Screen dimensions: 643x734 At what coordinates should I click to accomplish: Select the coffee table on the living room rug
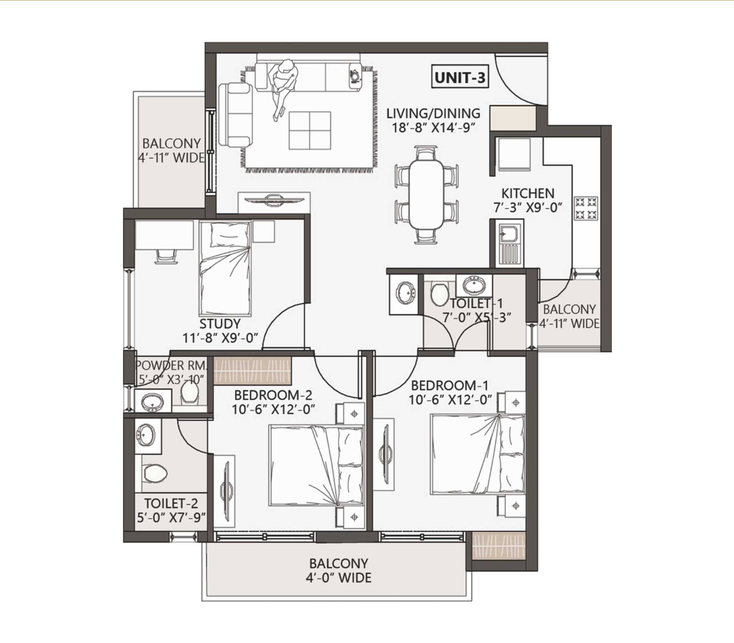click(x=310, y=130)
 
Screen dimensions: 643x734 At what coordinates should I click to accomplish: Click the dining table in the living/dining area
click(x=427, y=194)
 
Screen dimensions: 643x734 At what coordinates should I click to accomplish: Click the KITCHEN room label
click(x=528, y=194)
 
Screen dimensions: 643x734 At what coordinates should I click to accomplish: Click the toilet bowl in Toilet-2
click(x=155, y=473)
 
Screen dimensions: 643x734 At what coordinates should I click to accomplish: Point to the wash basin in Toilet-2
click(x=146, y=435)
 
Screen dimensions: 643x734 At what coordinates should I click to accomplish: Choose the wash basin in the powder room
click(x=152, y=402)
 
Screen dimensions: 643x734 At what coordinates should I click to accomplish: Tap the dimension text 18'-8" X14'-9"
click(x=433, y=128)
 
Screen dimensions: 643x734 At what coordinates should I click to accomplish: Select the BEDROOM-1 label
click(x=450, y=386)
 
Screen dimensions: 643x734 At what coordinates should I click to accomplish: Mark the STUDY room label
click(x=220, y=324)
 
